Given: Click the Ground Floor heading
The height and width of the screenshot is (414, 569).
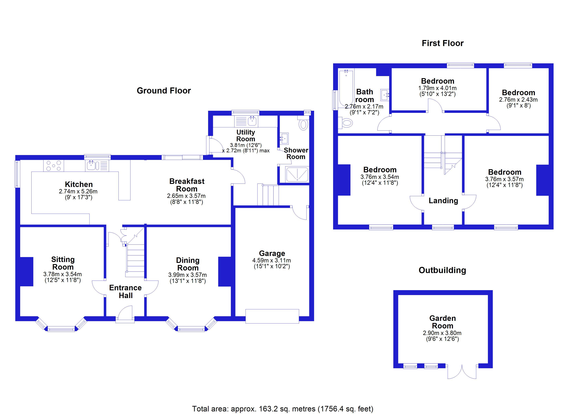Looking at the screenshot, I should (164, 91).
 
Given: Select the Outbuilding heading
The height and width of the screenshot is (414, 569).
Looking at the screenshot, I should (442, 270).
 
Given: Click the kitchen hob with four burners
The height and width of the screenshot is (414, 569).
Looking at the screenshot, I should (53, 166).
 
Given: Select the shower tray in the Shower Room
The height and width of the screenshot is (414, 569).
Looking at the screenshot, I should (297, 174).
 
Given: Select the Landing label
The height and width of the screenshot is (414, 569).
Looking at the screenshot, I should (443, 201).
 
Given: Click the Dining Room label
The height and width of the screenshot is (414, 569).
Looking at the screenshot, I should (188, 264).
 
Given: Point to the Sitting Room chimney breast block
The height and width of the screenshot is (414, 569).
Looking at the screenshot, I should (26, 271).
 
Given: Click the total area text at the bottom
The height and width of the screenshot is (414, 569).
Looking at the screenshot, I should (282, 409).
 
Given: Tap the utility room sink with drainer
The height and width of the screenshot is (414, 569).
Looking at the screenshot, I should (246, 121).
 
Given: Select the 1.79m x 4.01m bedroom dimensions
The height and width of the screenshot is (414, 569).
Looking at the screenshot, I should (437, 88).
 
